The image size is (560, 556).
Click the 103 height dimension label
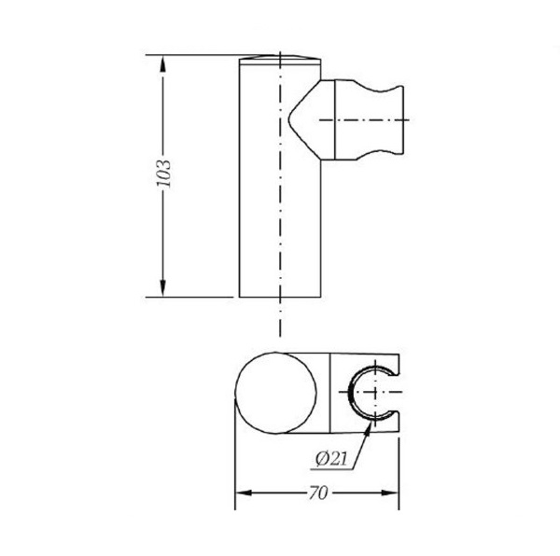point(164,174)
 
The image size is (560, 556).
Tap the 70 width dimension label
point(318,493)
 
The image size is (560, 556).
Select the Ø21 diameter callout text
point(331,459)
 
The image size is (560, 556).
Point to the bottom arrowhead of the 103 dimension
point(162,288)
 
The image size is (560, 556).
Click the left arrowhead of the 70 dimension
point(244,493)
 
